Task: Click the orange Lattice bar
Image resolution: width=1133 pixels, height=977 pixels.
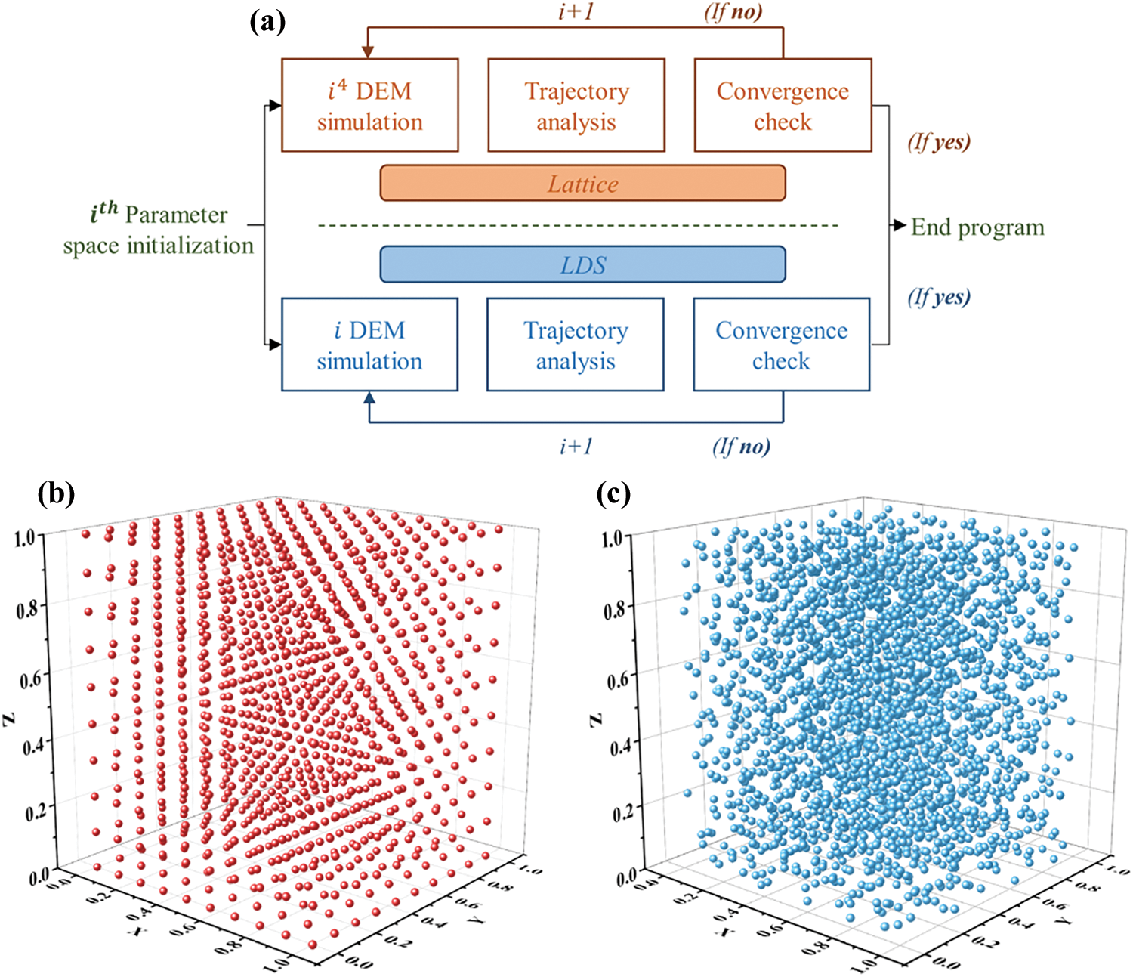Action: click(582, 184)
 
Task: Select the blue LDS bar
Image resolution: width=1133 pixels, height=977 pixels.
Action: click(582, 264)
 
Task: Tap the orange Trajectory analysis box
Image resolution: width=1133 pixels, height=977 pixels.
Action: click(576, 106)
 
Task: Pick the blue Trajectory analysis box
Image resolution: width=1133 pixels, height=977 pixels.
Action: click(576, 345)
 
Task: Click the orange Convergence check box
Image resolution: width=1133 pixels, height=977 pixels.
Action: click(783, 106)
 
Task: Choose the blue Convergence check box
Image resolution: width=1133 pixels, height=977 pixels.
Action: click(781, 345)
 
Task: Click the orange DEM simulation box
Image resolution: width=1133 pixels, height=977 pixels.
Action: click(369, 106)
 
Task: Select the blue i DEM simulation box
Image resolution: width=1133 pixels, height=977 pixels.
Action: click(369, 345)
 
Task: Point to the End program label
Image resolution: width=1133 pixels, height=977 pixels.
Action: click(977, 227)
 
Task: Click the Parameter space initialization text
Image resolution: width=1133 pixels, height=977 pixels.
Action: click(159, 230)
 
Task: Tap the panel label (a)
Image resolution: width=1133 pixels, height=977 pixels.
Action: click(267, 23)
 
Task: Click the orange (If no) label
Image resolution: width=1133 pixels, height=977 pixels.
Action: click(733, 12)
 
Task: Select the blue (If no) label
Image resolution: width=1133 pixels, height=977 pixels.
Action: click(741, 447)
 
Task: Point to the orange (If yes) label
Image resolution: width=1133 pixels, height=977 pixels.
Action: click(939, 141)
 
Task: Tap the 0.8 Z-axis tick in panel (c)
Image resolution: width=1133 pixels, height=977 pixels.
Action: click(617, 608)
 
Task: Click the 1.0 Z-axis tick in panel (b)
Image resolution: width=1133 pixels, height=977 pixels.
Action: click(25, 537)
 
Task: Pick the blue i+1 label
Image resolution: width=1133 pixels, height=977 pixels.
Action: click(576, 447)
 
